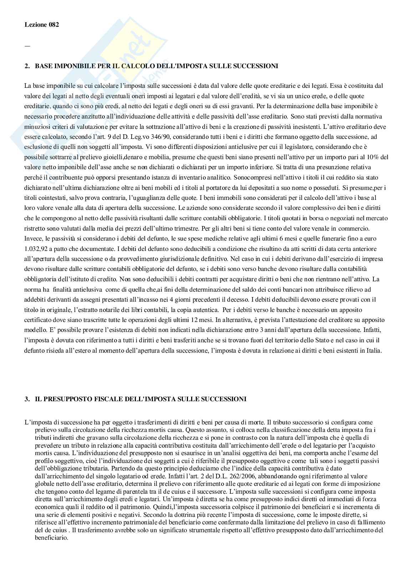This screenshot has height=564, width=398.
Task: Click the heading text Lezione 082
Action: pos(42,25)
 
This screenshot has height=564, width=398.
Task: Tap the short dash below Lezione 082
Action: pos(27,46)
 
